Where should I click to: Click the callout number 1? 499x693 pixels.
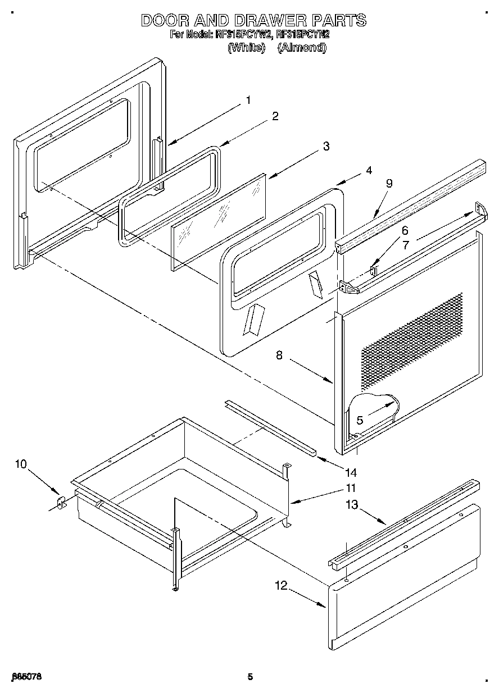tap(248, 101)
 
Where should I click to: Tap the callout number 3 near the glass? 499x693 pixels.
tap(325, 147)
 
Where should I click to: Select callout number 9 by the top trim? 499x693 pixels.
tap(389, 183)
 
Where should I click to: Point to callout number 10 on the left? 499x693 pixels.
tap(21, 464)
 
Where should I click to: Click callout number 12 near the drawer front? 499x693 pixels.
tap(280, 586)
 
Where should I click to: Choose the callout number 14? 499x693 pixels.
tap(351, 472)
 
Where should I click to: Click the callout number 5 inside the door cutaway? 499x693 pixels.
tap(359, 420)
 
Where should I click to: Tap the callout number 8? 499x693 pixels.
tap(279, 355)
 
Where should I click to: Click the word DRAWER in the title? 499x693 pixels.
tap(259, 21)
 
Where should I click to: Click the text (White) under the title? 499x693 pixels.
tap(246, 48)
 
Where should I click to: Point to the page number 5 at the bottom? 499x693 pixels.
tap(250, 677)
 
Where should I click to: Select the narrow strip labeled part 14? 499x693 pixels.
tap(270, 427)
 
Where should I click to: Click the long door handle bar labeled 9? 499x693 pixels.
tap(410, 202)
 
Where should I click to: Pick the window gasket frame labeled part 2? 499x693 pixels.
tap(169, 194)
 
